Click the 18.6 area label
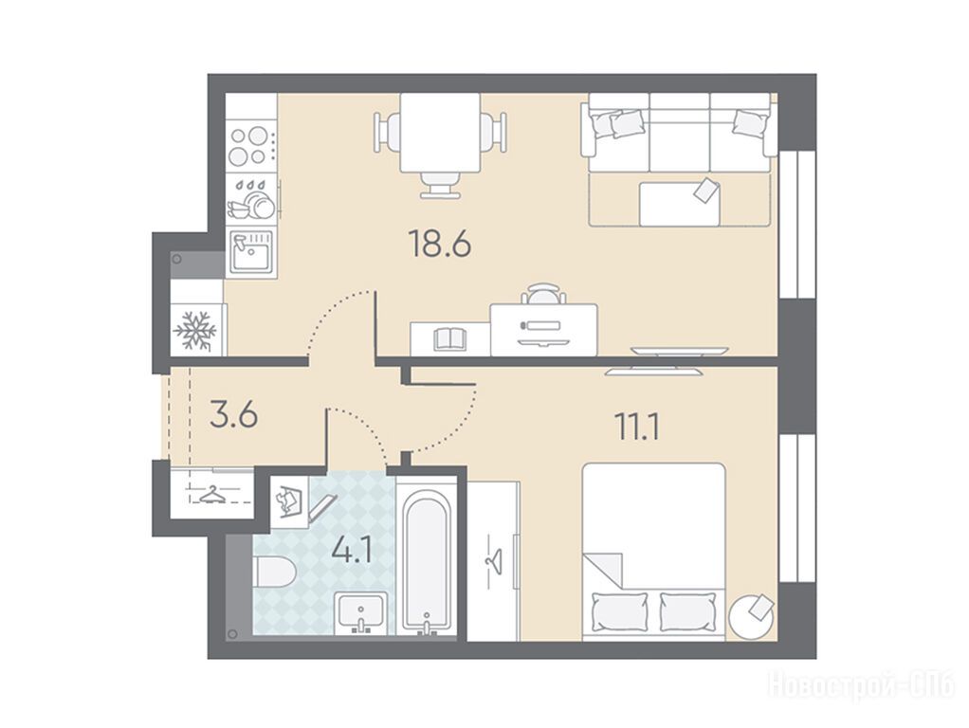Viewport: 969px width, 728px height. click(440, 244)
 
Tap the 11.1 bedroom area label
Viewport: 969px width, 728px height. click(636, 427)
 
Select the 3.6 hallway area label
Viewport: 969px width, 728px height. click(233, 414)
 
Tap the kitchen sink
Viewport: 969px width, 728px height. click(252, 251)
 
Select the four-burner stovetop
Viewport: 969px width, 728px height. click(251, 145)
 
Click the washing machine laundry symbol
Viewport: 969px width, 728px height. click(290, 500)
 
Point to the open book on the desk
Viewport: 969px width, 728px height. click(449, 339)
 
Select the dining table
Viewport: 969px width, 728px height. click(440, 133)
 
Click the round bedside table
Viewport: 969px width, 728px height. click(751, 614)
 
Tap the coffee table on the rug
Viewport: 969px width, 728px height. click(679, 204)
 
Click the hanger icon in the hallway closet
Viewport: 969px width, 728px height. click(211, 494)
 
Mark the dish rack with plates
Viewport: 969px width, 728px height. click(252, 199)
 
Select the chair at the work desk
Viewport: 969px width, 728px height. click(543, 294)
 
